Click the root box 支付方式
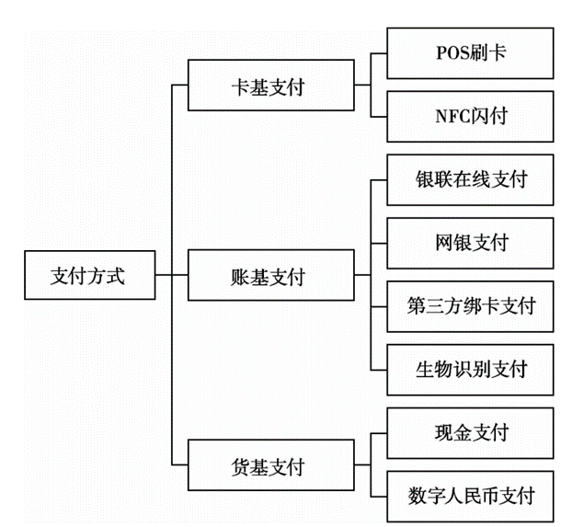click(x=86, y=274)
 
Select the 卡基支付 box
click(x=268, y=87)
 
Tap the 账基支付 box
click(x=268, y=275)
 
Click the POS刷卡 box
click(x=471, y=52)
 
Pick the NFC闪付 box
click(x=471, y=116)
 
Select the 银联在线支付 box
click(x=471, y=179)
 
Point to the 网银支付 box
click(x=471, y=243)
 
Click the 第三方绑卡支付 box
click(x=471, y=305)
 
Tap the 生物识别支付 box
click(x=471, y=369)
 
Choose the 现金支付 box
click(x=471, y=432)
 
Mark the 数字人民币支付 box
click(x=471, y=496)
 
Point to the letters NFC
click(x=451, y=116)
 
